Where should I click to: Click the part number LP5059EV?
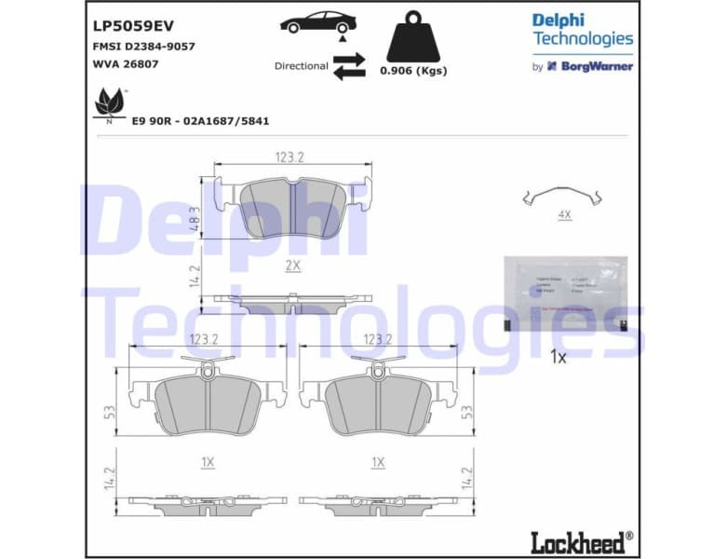point(133,26)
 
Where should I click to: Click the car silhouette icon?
point(317,23)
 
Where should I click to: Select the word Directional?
point(301,66)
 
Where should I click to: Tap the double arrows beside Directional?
point(349,66)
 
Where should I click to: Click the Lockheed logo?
point(581,539)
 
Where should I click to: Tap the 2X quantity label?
point(292,266)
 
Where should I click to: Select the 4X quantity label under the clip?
point(563,214)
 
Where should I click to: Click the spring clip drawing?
point(563,196)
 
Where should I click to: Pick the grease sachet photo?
point(564,293)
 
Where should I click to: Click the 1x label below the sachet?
point(559,357)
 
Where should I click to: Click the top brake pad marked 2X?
point(292,207)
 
